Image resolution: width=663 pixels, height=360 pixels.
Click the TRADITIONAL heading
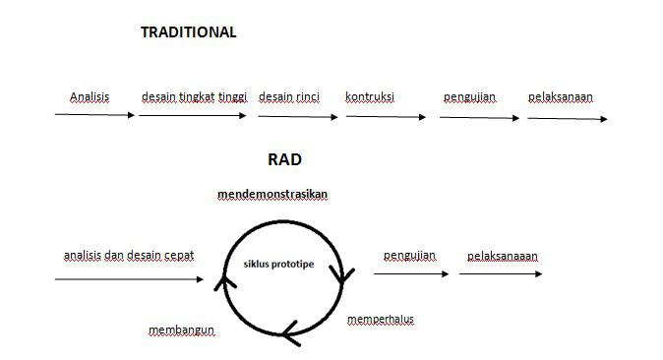188,31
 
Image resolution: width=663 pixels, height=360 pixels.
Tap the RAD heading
284,158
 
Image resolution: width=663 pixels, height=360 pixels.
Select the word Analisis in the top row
89,96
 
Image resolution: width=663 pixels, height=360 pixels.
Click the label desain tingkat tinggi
194,96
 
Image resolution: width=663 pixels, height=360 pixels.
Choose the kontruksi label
370,96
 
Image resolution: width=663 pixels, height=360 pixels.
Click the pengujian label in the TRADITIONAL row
469,96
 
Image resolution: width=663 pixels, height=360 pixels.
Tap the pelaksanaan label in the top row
560,96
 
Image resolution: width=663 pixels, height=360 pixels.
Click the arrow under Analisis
94,115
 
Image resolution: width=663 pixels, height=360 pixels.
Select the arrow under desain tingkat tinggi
193,115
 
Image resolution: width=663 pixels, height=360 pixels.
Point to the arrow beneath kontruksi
386,117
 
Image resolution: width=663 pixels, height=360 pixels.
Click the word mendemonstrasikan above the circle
272,195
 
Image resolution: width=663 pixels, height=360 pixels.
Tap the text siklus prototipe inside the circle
279,264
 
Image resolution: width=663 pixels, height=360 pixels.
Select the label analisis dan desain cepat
129,255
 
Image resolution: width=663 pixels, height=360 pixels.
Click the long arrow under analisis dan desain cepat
129,279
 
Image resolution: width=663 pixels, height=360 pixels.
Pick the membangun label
181,330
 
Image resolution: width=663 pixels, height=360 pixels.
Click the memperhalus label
383,320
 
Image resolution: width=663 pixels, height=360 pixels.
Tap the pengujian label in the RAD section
410,256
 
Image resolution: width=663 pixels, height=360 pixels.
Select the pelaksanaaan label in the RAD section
503,256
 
